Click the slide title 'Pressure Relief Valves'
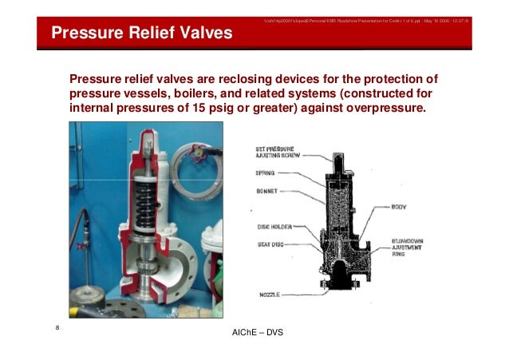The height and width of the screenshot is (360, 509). click(x=141, y=34)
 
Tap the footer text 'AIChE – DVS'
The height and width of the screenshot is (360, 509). click(x=255, y=331)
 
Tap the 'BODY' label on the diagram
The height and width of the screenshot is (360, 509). click(x=400, y=207)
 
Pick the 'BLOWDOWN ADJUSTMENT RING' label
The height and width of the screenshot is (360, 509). click(x=410, y=246)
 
